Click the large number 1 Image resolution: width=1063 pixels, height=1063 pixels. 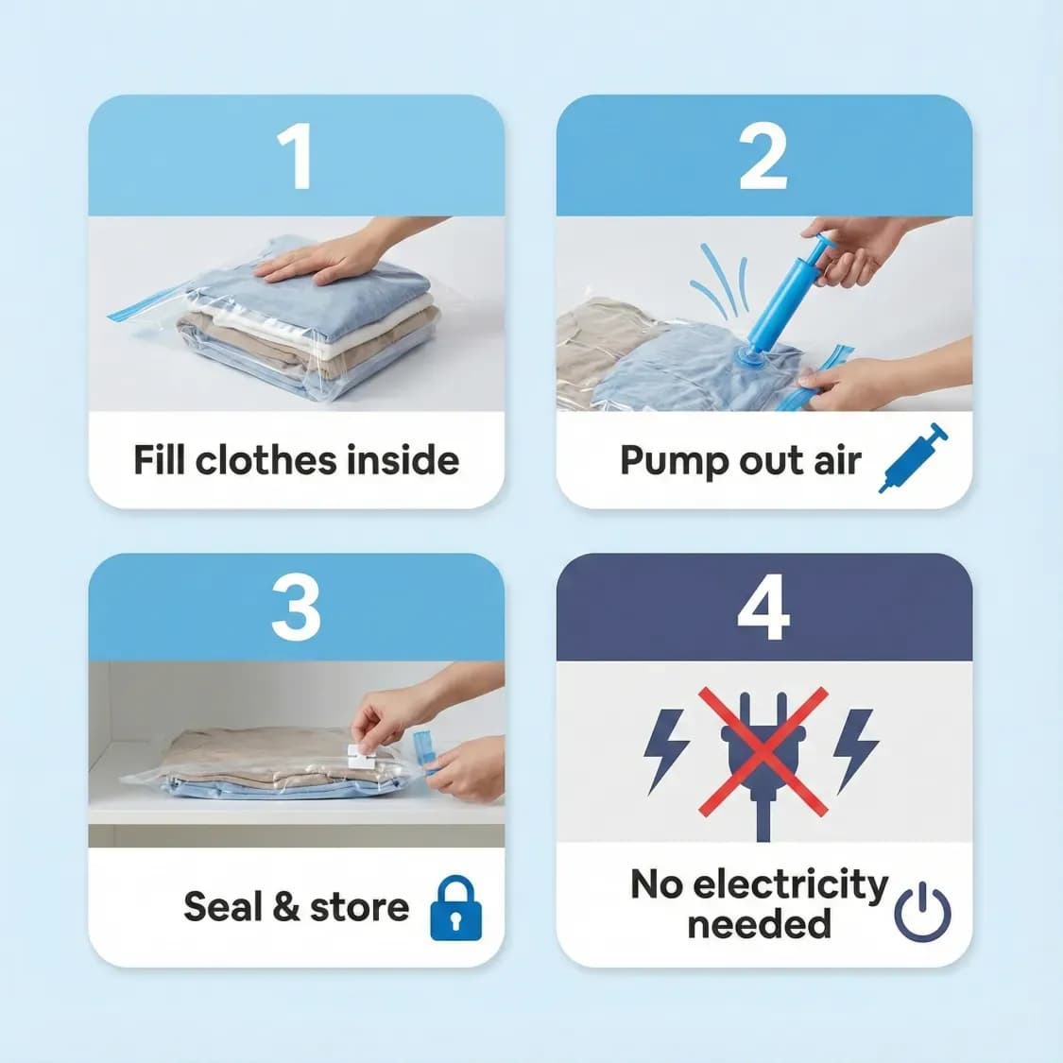(x=296, y=157)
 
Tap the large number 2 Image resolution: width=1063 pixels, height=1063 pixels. (x=763, y=157)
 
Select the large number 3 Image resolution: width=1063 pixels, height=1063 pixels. (x=296, y=609)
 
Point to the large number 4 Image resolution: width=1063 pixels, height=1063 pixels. (x=763, y=609)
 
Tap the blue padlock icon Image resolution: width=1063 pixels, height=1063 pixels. (x=455, y=908)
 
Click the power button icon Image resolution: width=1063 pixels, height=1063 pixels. (x=921, y=913)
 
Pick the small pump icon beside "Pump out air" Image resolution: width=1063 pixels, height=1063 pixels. (x=913, y=457)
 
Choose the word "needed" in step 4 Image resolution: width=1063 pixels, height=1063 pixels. (x=759, y=923)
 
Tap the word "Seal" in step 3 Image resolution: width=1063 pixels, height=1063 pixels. (x=222, y=907)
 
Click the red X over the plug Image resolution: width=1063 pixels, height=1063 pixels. (x=763, y=751)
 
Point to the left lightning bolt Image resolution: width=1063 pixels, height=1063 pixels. (x=665, y=749)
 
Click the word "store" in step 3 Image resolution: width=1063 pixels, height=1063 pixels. (x=359, y=908)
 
